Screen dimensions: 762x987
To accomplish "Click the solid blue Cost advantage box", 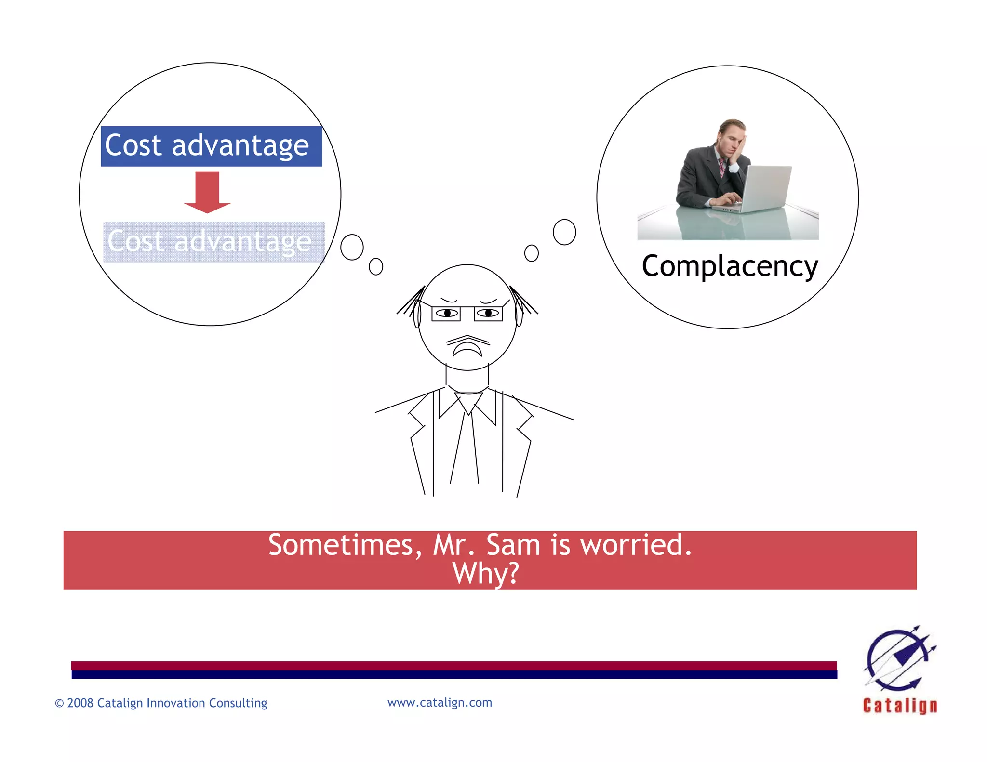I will [x=211, y=146].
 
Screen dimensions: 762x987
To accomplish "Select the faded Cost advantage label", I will [x=213, y=242].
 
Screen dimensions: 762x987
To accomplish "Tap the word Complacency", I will [x=730, y=266].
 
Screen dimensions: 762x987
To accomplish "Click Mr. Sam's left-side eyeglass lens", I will [x=446, y=314].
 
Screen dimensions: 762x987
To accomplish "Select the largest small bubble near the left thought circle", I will [x=352, y=247].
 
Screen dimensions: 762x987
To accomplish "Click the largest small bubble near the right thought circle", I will [x=564, y=232].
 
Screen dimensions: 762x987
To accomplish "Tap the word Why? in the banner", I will [x=486, y=573].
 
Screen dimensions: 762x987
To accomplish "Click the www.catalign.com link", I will [x=440, y=702].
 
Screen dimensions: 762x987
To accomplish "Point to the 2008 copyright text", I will [x=161, y=703].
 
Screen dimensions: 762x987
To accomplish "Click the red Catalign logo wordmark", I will [x=900, y=706].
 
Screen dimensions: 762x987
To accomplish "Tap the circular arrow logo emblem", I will [x=899, y=658].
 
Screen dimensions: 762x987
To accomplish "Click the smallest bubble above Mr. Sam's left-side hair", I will [x=376, y=266].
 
